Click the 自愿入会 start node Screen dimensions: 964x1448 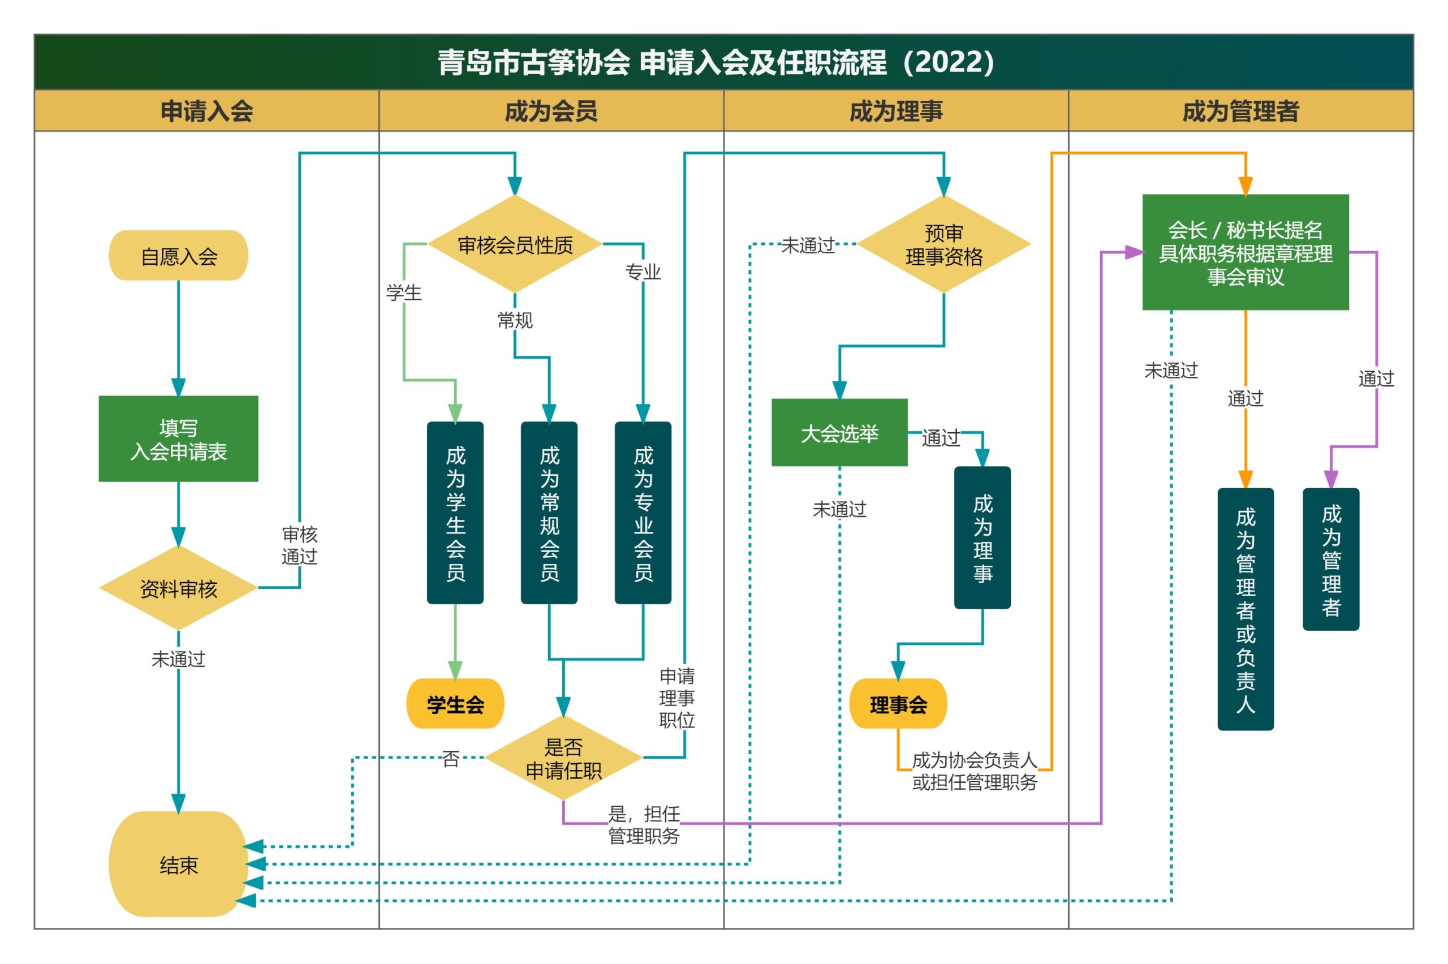(x=178, y=256)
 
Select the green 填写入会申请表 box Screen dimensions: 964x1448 (x=178, y=439)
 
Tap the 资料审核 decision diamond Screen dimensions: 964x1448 (x=178, y=588)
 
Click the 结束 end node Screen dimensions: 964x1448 (x=178, y=864)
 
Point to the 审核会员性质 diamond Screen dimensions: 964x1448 (x=515, y=245)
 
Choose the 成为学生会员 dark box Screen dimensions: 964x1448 (x=455, y=513)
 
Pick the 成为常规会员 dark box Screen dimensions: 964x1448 (x=549, y=513)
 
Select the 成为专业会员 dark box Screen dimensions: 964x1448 (x=643, y=513)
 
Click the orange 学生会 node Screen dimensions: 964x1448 (x=455, y=704)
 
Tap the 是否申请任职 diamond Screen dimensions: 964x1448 (x=563, y=758)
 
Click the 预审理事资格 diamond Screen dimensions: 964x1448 (x=943, y=245)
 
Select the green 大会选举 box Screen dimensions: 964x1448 (x=839, y=433)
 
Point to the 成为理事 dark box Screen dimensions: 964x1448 (x=982, y=537)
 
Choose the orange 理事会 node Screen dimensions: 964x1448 (x=898, y=704)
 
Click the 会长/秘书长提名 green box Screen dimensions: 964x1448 (x=1245, y=252)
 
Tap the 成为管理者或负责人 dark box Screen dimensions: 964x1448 (x=1245, y=609)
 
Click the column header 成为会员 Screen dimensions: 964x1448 (x=551, y=111)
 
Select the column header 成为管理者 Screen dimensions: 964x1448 (x=1240, y=111)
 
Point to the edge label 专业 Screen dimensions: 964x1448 (x=643, y=271)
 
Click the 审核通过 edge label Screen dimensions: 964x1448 (x=299, y=545)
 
